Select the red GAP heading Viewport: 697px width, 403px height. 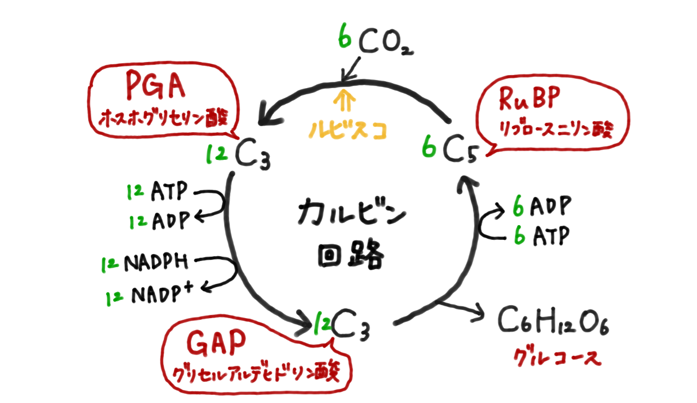pyautogui.click(x=216, y=345)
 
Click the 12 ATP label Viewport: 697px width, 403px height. pyautogui.click(x=157, y=191)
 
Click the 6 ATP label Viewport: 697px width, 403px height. pyautogui.click(x=541, y=236)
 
